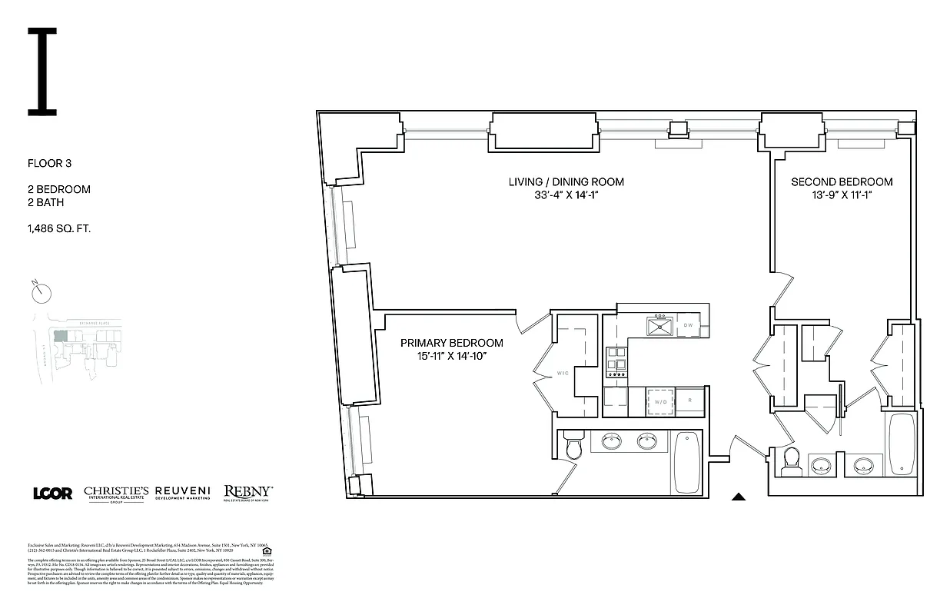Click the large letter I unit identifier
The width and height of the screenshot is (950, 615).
(x=42, y=71)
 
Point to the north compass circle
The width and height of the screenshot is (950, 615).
(x=43, y=293)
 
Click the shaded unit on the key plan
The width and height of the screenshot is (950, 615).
(x=59, y=335)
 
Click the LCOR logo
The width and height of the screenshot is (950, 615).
(x=52, y=493)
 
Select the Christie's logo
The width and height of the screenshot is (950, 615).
(x=116, y=494)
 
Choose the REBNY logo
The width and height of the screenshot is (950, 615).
(x=247, y=492)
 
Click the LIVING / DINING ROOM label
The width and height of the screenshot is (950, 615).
(x=566, y=182)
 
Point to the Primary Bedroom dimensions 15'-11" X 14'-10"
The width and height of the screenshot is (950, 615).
(x=452, y=356)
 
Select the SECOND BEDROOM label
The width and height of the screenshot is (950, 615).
(x=842, y=182)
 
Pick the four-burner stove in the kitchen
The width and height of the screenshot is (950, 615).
(x=615, y=362)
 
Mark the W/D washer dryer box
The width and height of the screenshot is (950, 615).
(x=659, y=401)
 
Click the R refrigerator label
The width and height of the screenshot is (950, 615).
(x=689, y=401)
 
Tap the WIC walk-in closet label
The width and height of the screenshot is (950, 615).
(x=563, y=374)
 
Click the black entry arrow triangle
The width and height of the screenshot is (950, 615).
(x=739, y=497)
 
